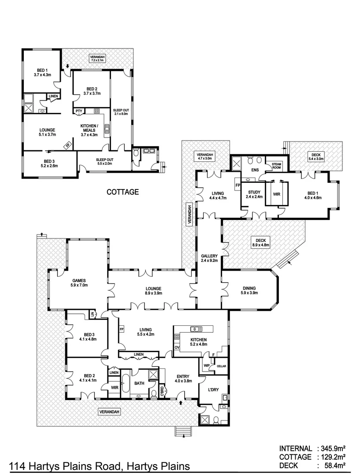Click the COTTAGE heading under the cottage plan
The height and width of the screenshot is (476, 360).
[123, 192]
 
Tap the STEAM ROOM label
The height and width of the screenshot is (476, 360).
[276, 165]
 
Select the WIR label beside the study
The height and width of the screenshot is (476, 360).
[277, 193]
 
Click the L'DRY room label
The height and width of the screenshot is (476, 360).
[208, 390]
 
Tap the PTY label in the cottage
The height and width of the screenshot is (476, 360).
[78, 111]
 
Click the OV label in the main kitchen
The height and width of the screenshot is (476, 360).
[177, 347]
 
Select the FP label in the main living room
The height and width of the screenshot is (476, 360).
[122, 329]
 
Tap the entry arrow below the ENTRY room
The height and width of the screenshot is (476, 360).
[181, 403]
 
